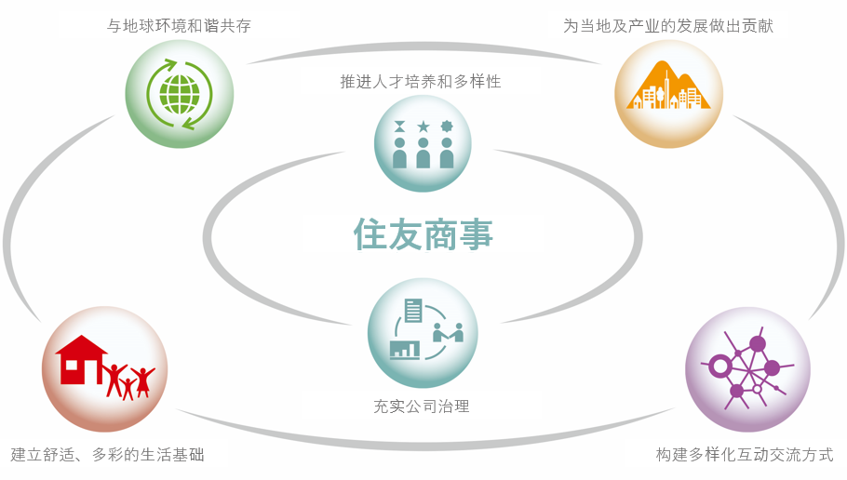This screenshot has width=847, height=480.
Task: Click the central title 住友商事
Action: [423, 234]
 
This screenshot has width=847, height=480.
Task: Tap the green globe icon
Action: [180, 95]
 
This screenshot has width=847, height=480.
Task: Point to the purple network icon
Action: [747, 368]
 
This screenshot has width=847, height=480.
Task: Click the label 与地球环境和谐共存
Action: [179, 25]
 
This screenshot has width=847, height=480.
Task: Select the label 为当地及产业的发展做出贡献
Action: [668, 25]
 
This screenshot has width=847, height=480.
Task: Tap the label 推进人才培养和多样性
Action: [421, 82]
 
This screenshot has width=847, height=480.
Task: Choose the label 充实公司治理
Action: [422, 406]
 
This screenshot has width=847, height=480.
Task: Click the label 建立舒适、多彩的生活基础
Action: [107, 455]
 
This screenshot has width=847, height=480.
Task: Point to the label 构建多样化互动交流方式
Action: [745, 455]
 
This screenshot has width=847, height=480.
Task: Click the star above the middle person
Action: [423, 127]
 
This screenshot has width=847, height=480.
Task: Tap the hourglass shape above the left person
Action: [399, 127]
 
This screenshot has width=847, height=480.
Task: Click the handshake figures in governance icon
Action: [449, 333]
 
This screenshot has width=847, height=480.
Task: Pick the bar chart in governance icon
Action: [405, 350]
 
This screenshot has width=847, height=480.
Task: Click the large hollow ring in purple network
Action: [719, 367]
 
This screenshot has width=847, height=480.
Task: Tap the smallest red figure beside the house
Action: [128, 389]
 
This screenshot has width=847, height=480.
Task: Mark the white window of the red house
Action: [70, 364]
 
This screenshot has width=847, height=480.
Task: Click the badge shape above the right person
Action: [447, 127]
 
